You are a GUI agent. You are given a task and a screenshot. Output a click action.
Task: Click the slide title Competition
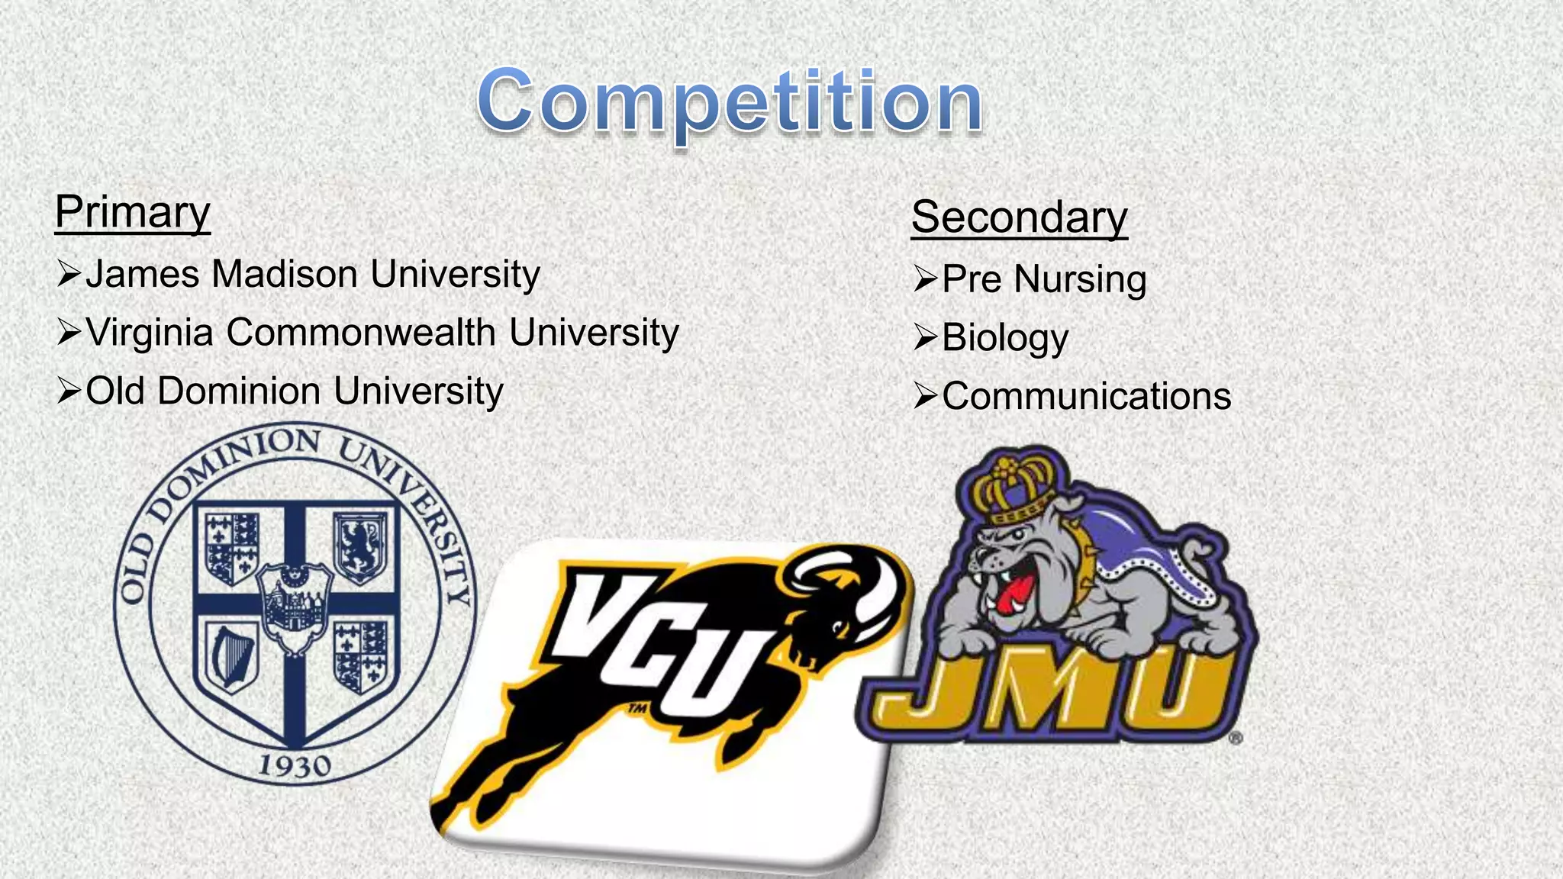[730, 101]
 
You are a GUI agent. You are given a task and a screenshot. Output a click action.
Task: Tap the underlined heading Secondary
[1019, 217]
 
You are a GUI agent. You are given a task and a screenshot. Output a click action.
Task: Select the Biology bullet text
[1005, 337]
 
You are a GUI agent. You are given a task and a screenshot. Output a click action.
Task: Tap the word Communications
[1086, 396]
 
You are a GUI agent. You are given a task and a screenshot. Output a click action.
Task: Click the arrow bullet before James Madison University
[69, 273]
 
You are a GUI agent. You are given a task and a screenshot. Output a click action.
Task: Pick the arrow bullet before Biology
[925, 336]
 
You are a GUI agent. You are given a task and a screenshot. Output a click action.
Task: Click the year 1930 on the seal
[295, 765]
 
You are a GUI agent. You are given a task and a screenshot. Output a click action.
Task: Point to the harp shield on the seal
[230, 655]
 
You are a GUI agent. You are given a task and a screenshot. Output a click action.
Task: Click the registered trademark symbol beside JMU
[1236, 738]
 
